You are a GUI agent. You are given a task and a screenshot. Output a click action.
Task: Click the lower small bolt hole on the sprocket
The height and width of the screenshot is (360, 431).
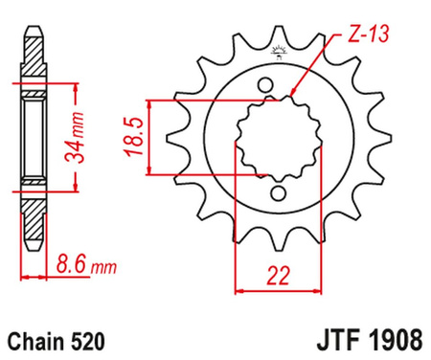coord(277,193)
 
